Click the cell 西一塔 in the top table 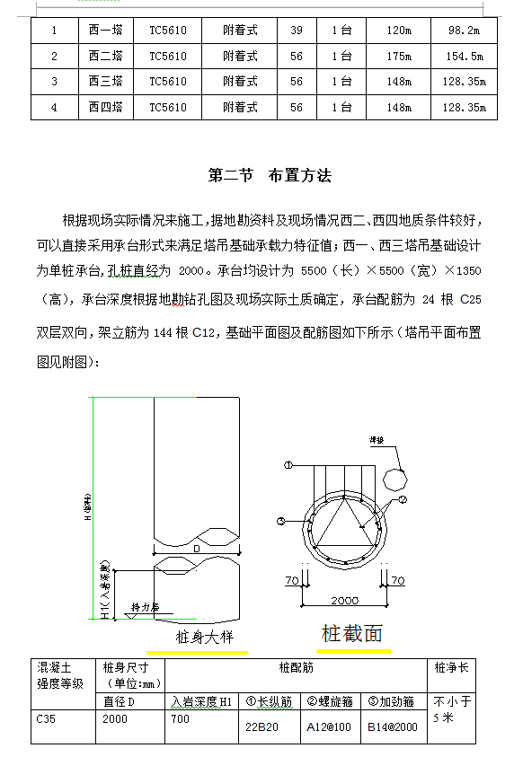tap(105, 31)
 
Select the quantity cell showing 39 tap(296, 31)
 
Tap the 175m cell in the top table tap(398, 57)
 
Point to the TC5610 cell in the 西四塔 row tap(168, 108)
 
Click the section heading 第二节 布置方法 tap(270, 176)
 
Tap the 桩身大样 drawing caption tap(204, 638)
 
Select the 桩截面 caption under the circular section tap(352, 634)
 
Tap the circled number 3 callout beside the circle tap(280, 521)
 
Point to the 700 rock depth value tap(181, 719)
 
